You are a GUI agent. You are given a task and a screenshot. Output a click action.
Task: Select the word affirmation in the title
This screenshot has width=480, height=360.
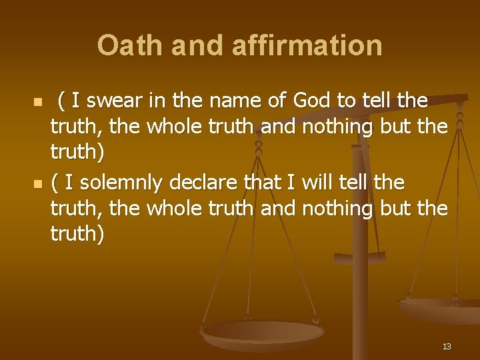(309, 45)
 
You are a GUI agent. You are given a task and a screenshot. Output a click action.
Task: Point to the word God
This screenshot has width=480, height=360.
(312, 101)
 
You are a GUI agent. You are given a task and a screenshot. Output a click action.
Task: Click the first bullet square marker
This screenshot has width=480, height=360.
(38, 103)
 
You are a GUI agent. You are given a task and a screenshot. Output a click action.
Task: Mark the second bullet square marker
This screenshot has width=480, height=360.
(38, 184)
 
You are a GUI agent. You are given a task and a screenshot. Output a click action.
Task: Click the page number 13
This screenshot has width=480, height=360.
(446, 346)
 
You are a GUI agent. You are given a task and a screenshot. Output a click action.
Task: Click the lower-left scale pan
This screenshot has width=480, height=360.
(263, 333)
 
